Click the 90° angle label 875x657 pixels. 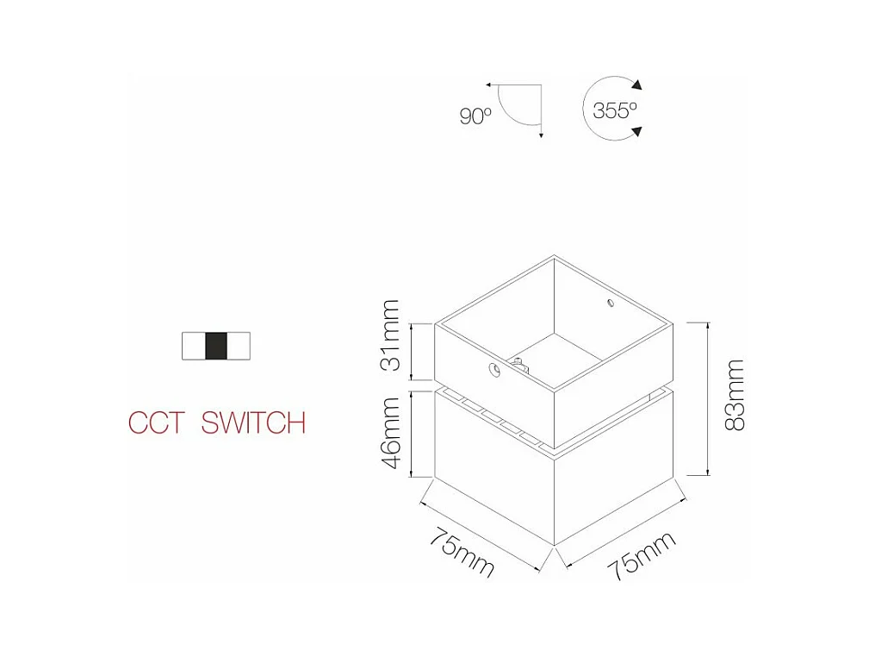[475, 116]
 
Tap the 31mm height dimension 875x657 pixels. [392, 335]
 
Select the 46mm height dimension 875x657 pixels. [392, 432]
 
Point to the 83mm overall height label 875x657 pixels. [734, 395]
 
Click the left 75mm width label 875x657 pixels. [462, 551]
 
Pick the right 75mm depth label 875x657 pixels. [642, 556]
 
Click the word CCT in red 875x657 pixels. [156, 423]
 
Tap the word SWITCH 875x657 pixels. [253, 423]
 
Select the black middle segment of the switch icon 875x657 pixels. [216, 346]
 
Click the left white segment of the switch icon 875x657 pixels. [194, 346]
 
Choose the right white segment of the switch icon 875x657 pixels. [239, 346]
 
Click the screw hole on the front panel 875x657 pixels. [494, 371]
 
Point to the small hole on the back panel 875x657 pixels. [610, 303]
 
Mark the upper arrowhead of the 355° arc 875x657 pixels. [636, 84]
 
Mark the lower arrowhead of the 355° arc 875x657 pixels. [636, 132]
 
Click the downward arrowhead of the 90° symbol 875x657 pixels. [540, 135]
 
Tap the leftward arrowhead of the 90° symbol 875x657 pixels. [488, 85]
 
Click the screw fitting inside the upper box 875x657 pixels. [518, 363]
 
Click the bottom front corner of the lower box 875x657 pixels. [554, 544]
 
